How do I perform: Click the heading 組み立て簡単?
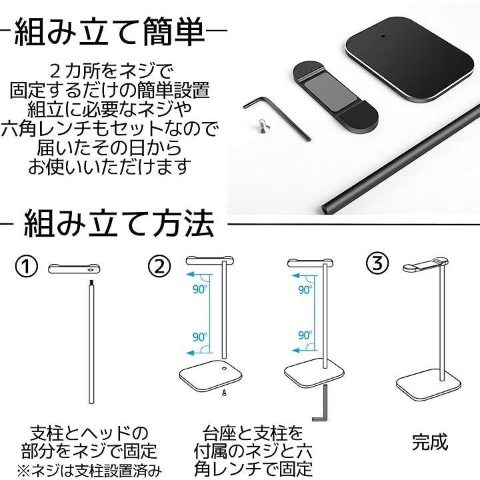109,31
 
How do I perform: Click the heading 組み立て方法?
119,224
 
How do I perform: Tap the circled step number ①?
27,266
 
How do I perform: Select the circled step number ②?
159,266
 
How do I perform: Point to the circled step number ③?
377,263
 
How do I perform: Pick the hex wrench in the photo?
277,118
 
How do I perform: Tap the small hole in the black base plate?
382,36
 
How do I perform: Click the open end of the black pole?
327,208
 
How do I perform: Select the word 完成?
430,442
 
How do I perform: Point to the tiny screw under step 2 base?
224,393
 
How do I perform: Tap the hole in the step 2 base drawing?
224,369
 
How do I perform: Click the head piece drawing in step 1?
74,269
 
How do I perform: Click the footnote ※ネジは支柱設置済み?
89,471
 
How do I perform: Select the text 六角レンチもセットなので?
109,129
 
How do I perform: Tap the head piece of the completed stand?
426,265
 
